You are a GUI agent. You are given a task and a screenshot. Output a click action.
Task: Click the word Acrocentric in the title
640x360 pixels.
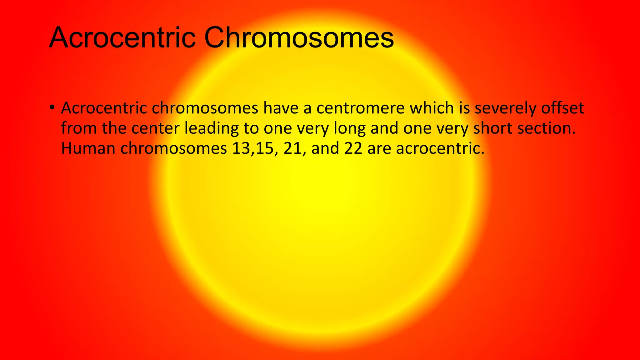point(122,38)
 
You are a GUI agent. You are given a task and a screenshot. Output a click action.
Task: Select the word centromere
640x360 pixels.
point(360,108)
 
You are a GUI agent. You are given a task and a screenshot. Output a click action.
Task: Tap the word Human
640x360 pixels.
point(88,148)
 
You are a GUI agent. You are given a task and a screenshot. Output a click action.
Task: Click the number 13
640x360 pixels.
point(241,148)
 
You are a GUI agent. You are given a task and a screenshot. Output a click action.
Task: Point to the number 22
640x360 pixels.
point(353,148)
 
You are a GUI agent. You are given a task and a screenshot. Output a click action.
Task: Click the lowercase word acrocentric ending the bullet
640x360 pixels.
point(440,148)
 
